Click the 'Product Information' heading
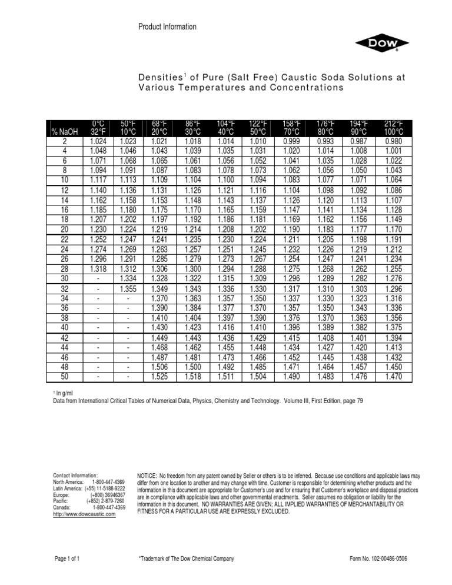click(167, 26)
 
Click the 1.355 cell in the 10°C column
click(128, 288)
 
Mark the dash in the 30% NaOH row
click(98, 278)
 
